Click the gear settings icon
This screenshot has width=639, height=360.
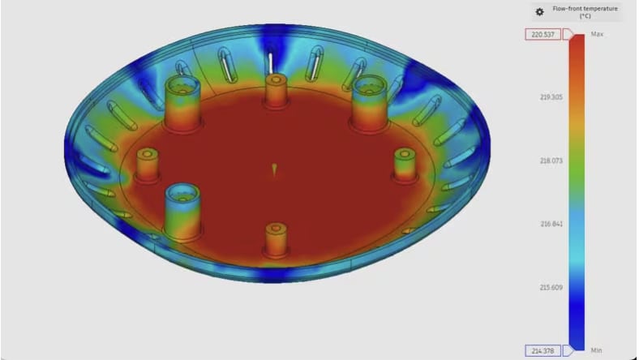(539, 12)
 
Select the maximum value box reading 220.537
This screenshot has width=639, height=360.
(543, 34)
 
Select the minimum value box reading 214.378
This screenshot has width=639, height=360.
(543, 350)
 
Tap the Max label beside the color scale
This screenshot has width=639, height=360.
(598, 34)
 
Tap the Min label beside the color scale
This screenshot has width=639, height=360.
(597, 350)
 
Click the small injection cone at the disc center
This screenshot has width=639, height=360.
(274, 169)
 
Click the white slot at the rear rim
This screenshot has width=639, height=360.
(270, 62)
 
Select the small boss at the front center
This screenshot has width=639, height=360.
(276, 238)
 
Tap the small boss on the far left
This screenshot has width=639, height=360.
(148, 165)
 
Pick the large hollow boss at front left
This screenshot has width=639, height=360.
(182, 208)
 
